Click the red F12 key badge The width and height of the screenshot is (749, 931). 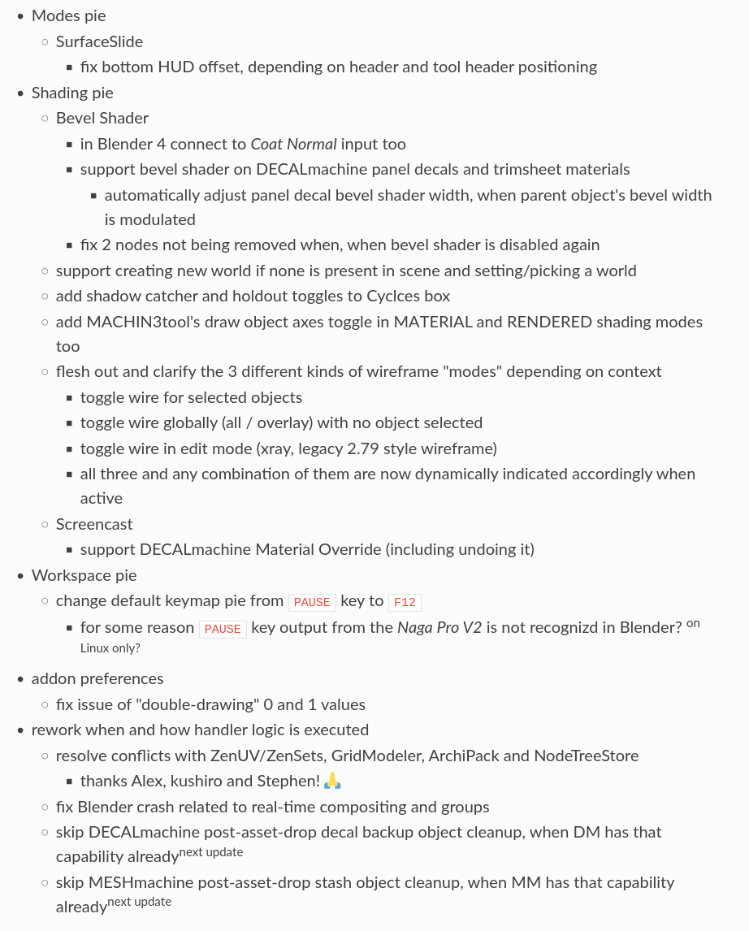click(x=405, y=602)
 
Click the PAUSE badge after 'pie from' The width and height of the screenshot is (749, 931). click(x=312, y=602)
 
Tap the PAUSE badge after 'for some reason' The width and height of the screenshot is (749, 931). click(x=223, y=629)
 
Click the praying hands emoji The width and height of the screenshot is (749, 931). click(x=333, y=782)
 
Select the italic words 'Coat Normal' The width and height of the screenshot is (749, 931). click(x=293, y=144)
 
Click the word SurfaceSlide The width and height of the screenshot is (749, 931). click(x=99, y=41)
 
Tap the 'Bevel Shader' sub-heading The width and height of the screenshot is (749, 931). click(x=102, y=118)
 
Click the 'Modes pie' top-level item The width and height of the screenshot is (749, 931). click(x=68, y=15)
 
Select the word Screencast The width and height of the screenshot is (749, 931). click(x=94, y=524)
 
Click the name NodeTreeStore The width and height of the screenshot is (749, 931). click(x=586, y=756)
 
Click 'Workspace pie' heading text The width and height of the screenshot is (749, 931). click(x=84, y=575)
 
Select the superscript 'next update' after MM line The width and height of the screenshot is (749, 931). click(x=140, y=902)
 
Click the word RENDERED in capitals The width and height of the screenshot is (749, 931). click(x=549, y=322)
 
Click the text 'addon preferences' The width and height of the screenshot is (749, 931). click(x=97, y=678)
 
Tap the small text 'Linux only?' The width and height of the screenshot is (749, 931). click(x=110, y=648)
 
